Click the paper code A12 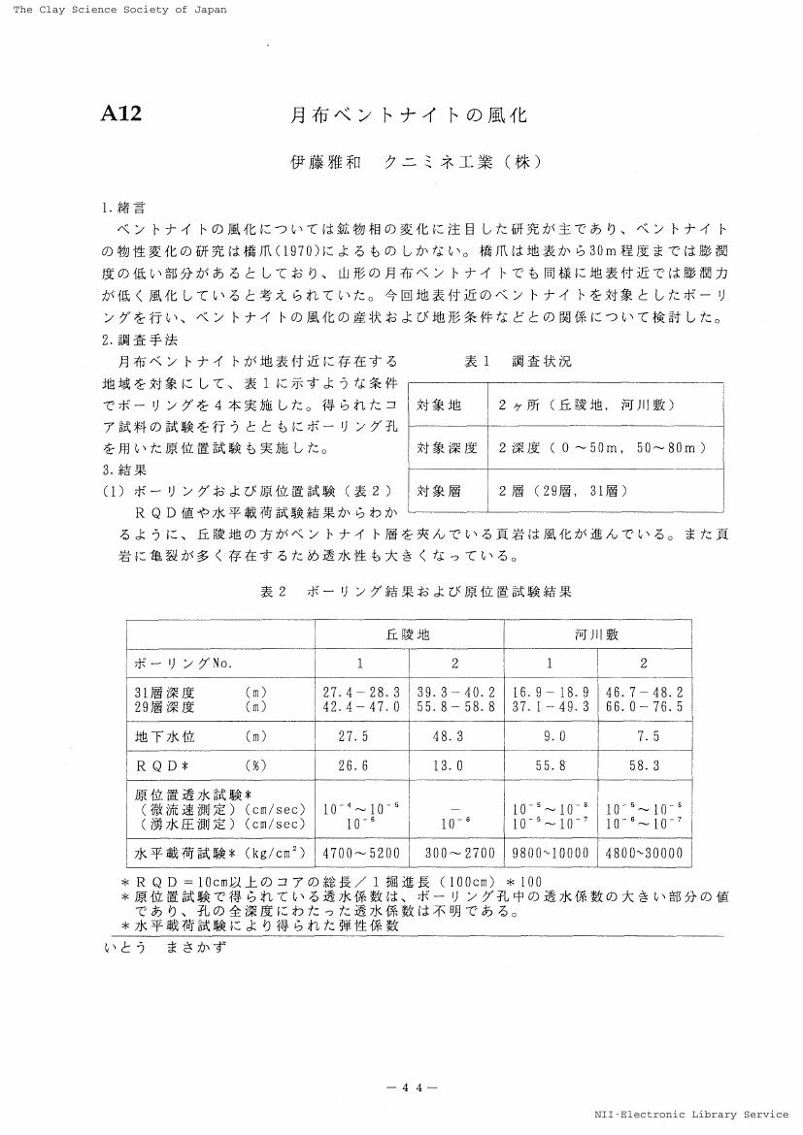point(121,114)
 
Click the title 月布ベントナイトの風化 point(410,115)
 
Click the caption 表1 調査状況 point(519,361)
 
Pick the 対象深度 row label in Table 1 point(447,447)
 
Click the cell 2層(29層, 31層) point(563,491)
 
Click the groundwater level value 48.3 point(456,736)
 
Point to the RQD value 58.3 point(644,765)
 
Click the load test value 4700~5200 point(361,854)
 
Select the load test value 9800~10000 point(550,854)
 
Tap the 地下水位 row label point(164,736)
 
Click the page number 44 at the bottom point(412,1087)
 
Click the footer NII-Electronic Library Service point(691,1115)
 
